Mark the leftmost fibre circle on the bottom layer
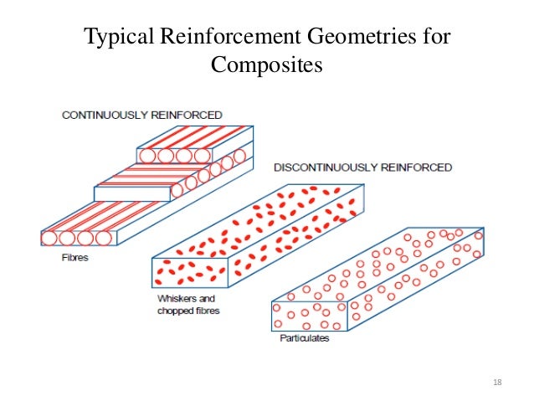pyautogui.click(x=49, y=239)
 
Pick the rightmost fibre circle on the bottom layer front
pyautogui.click(x=105, y=239)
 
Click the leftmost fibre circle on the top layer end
pyautogui.click(x=147, y=156)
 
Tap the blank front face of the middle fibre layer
pyautogui.click(x=131, y=194)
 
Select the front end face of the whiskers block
pyautogui.click(x=188, y=274)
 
